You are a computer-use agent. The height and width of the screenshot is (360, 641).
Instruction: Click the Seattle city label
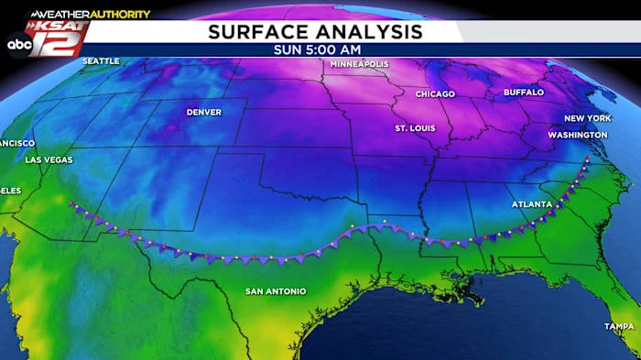click(101, 61)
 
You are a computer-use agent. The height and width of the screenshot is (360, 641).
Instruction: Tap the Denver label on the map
click(203, 113)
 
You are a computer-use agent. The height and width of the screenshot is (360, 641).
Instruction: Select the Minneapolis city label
click(359, 65)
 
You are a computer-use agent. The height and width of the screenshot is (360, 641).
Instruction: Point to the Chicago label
click(435, 94)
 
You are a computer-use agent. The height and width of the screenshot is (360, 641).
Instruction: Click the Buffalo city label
click(524, 93)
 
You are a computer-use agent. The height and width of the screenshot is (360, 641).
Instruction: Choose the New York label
click(586, 119)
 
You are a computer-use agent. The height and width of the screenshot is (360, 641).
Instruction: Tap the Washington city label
click(577, 135)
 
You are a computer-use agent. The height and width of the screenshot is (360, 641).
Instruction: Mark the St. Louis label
click(415, 128)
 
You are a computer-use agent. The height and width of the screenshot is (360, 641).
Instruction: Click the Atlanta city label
click(531, 204)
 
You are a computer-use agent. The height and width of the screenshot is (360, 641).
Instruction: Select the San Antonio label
click(275, 291)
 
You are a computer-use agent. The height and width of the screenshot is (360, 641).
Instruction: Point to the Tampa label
click(619, 326)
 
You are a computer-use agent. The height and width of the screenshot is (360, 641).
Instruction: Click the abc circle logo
click(17, 43)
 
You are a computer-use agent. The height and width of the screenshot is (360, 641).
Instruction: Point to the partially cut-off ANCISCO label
click(17, 144)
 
